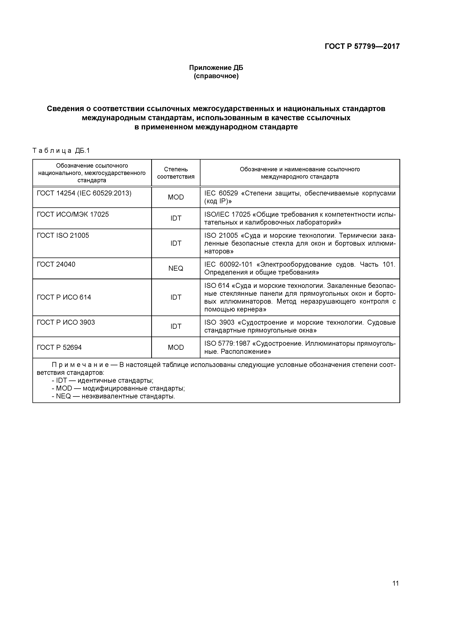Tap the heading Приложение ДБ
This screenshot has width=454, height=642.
pos(216,68)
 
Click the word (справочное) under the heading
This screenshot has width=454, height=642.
pos(216,76)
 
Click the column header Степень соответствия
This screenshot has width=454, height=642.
pos(176,173)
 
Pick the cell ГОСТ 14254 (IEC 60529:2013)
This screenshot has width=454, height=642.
pos(84,193)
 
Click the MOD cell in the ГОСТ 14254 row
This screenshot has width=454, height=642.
pos(176,197)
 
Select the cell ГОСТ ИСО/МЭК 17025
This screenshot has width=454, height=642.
pos(73,214)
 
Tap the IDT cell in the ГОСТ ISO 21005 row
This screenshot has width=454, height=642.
pos(176,243)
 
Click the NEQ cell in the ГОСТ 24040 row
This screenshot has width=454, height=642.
pos(176,268)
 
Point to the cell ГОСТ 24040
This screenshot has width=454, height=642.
pos(56,264)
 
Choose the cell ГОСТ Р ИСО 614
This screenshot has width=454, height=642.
pos(64,297)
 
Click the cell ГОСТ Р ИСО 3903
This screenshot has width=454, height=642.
pos(66,322)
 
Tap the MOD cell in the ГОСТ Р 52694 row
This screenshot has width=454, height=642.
pos(176,347)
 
